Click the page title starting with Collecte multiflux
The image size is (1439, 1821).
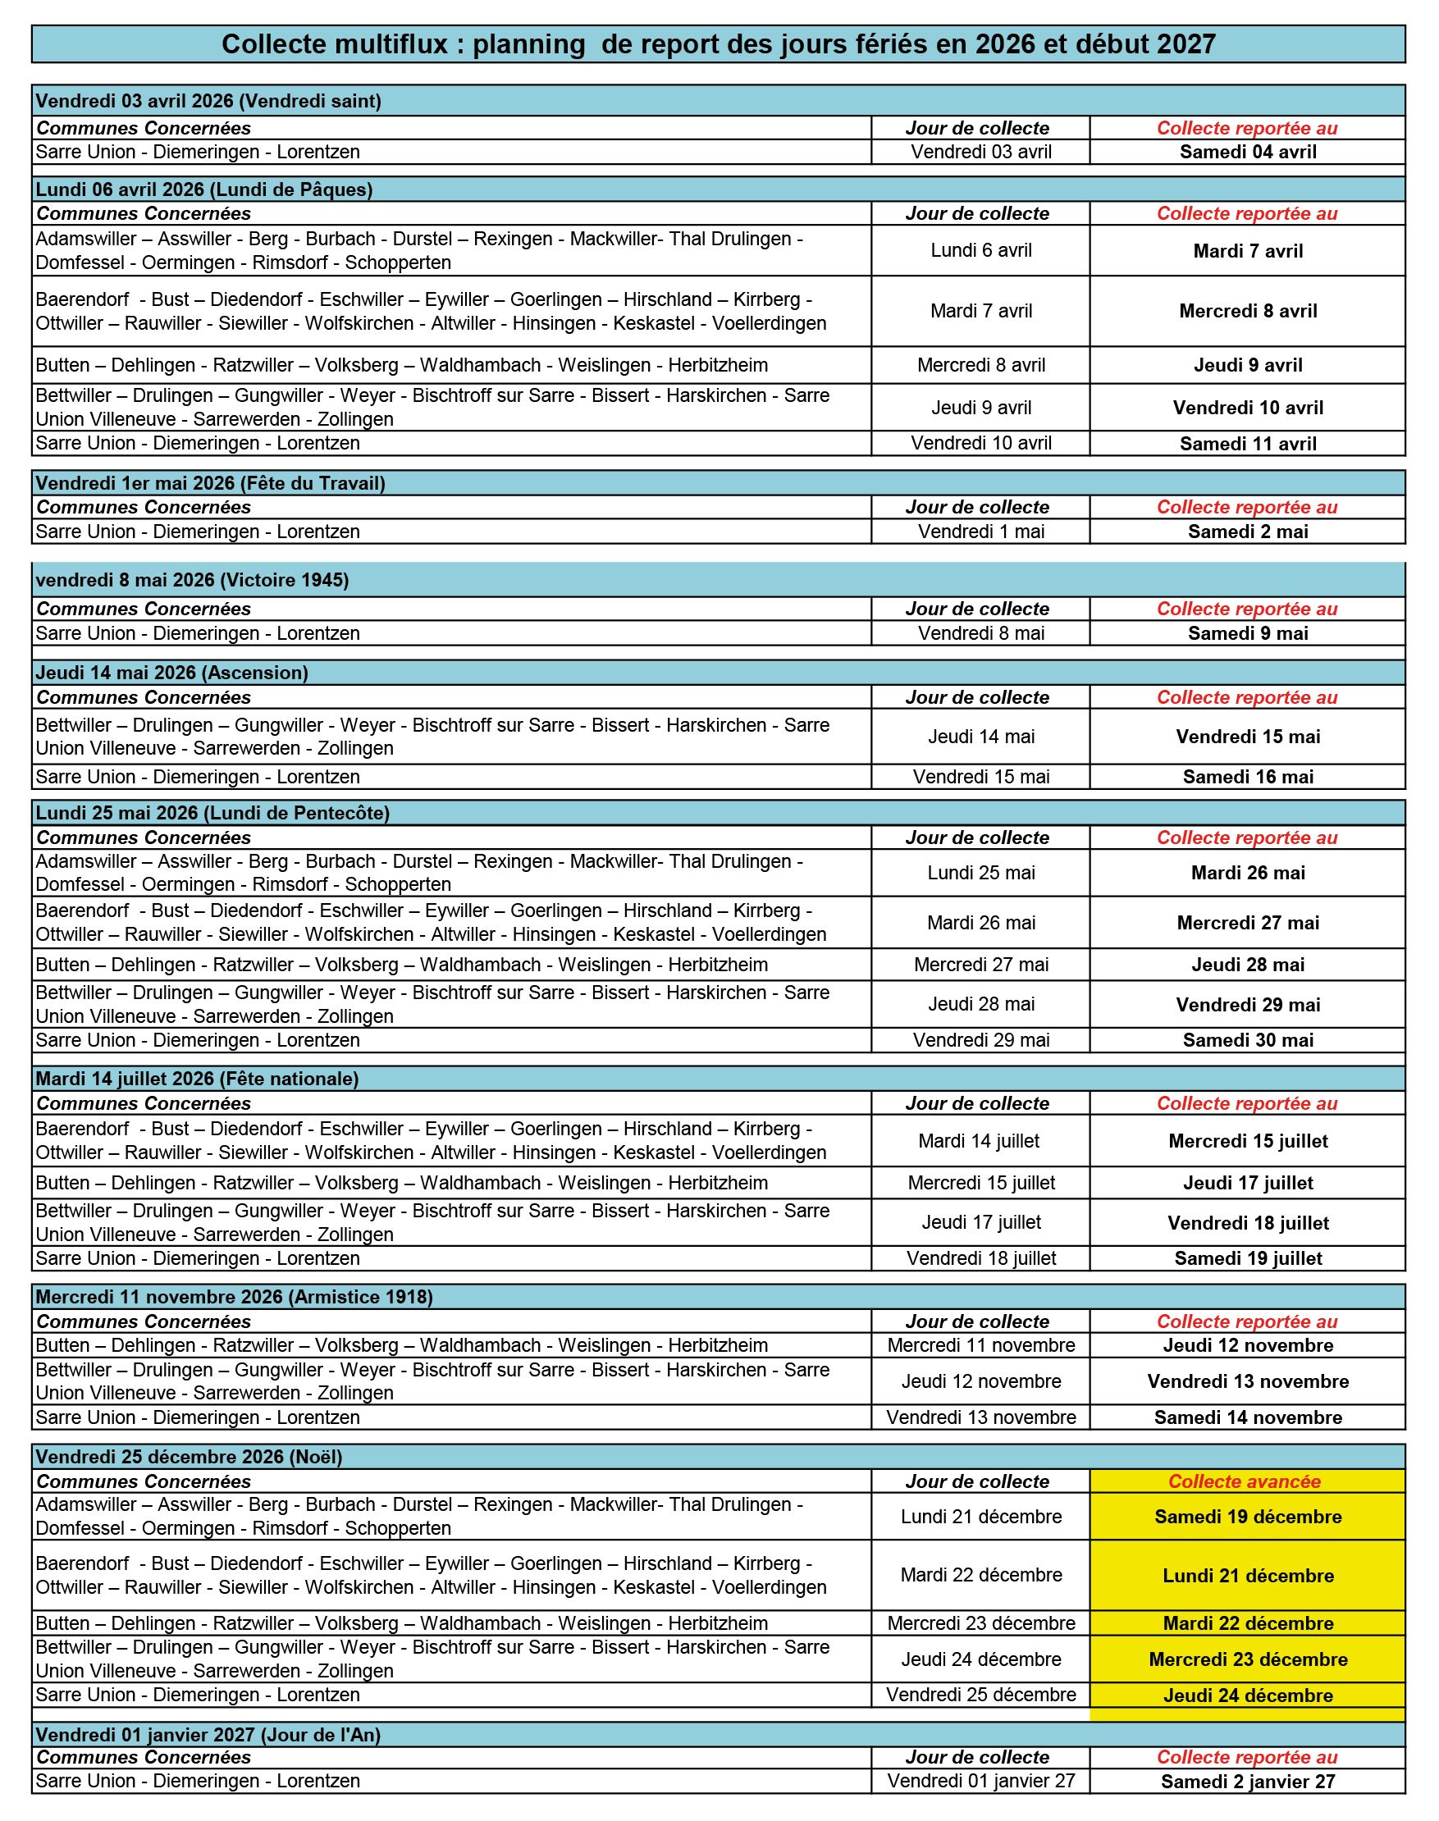718,43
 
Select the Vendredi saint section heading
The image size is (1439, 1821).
208,101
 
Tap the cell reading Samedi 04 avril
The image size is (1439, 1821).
1247,153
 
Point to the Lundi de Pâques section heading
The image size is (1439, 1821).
204,189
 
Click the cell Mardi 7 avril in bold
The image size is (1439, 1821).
1247,251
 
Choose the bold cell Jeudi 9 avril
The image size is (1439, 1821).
1247,366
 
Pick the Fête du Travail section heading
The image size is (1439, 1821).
210,483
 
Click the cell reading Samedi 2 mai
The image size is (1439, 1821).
1247,532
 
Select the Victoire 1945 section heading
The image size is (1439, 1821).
192,580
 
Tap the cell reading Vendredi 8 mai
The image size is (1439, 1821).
980,633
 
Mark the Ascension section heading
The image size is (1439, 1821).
171,673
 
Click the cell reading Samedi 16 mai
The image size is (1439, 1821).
1247,778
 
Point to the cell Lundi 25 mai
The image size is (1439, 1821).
980,873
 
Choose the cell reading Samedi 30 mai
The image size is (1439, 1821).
1247,1040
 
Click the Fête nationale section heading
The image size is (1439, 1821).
197,1079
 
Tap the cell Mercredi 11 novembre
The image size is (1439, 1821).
980,1345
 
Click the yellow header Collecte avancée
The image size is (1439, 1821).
1247,1481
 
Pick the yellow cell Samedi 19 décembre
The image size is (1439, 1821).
1247,1517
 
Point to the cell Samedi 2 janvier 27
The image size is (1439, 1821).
1247,1782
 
